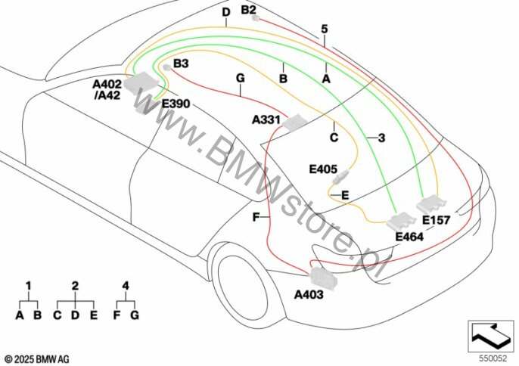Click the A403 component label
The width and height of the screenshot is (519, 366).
pyautogui.click(x=309, y=294)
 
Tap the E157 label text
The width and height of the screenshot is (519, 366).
pyautogui.click(x=437, y=220)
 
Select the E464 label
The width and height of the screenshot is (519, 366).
pyautogui.click(x=409, y=237)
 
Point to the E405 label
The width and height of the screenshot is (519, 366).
pyautogui.click(x=323, y=169)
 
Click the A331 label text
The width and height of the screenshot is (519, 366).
pyautogui.click(x=266, y=119)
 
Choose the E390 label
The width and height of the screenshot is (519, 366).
pyautogui.click(x=176, y=104)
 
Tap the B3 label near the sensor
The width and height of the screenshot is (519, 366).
pyautogui.click(x=181, y=64)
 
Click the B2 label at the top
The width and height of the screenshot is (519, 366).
pyautogui.click(x=248, y=10)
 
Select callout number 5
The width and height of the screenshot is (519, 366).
pyautogui.click(x=325, y=29)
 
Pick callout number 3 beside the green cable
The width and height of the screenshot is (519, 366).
pyautogui.click(x=381, y=138)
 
